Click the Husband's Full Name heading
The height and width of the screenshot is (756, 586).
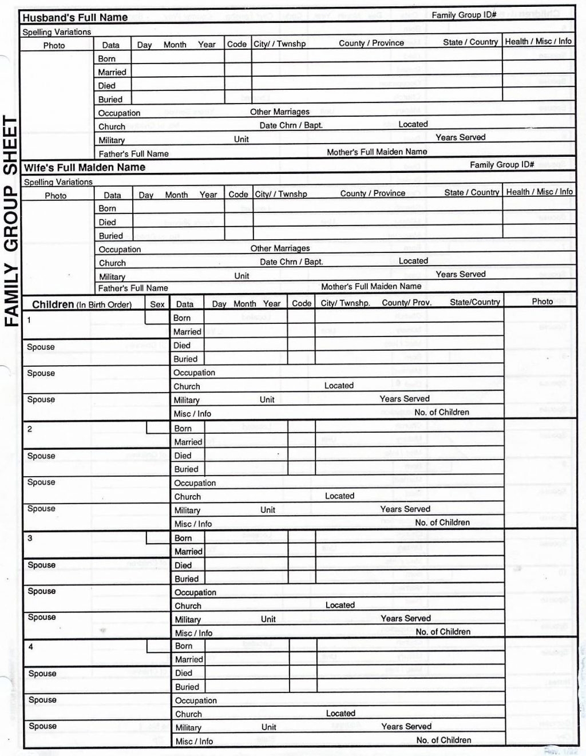tap(75, 18)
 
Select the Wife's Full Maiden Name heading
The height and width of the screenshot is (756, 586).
tap(84, 168)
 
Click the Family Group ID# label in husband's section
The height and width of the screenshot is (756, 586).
tap(464, 15)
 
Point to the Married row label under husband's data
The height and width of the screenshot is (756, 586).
tap(112, 72)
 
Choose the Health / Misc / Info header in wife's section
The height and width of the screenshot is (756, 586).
tap(539, 192)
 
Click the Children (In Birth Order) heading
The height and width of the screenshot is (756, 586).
tap(82, 304)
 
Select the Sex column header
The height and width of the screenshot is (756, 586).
tap(157, 304)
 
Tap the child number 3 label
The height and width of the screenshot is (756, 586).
tap(30, 538)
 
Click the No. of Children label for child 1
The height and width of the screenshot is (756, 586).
tap(442, 412)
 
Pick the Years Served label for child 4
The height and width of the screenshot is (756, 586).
tap(406, 726)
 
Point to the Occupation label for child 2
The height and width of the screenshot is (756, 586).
tap(195, 483)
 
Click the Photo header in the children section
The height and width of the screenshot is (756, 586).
tap(542, 302)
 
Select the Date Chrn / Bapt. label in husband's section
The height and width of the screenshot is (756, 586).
tap(291, 125)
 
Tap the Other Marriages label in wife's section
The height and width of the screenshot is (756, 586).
tap(280, 248)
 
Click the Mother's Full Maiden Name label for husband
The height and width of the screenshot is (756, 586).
tap(377, 152)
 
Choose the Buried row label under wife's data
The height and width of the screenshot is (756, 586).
tap(111, 236)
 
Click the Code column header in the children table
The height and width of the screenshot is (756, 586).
tap(302, 303)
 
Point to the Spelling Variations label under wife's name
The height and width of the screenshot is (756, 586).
tap(58, 182)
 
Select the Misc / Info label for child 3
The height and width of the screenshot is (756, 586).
tap(193, 633)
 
